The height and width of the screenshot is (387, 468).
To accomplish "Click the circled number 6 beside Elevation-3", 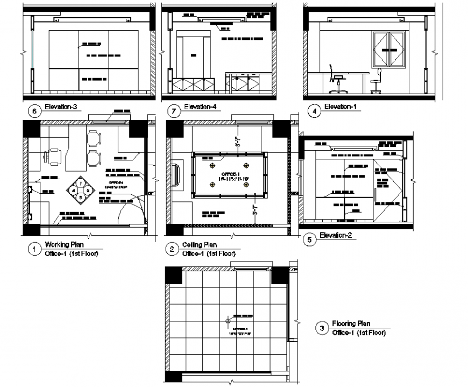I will click(x=35, y=111).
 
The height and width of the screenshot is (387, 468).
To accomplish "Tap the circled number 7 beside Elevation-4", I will click(x=173, y=111).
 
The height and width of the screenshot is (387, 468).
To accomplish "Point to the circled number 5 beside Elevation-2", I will click(x=309, y=240).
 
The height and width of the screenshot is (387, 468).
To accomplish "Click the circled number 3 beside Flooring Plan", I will click(x=322, y=328).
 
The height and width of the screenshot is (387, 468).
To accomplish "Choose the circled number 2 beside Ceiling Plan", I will click(x=172, y=249).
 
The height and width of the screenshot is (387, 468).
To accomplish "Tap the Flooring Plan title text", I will click(x=351, y=324).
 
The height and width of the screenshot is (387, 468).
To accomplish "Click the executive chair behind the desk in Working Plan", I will click(x=54, y=157).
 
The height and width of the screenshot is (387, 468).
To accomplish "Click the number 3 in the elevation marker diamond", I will click(x=80, y=197).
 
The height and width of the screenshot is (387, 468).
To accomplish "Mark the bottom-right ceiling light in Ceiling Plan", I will click(x=246, y=185).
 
